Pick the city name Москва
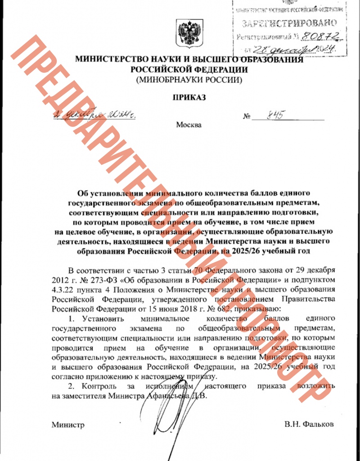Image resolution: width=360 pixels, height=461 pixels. [x=189, y=125]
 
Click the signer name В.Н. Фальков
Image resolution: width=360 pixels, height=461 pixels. [x=309, y=424]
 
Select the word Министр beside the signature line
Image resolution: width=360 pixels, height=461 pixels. [x=68, y=424]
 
